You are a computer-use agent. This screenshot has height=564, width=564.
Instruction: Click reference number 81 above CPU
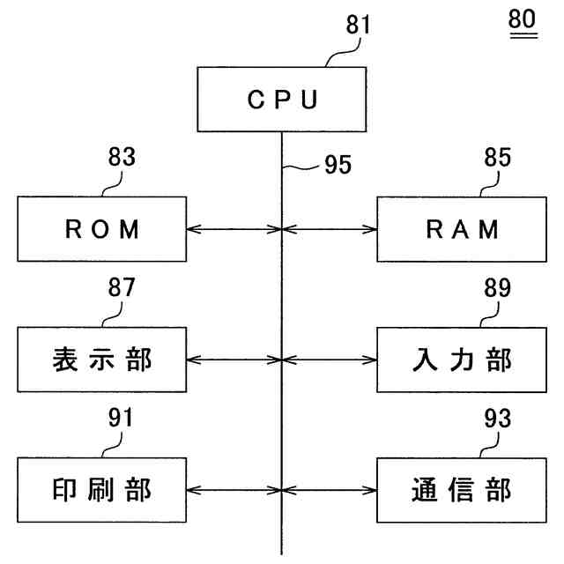click(358, 25)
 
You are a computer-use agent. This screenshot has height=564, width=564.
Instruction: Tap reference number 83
click(122, 157)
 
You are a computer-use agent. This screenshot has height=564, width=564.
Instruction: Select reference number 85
click(497, 157)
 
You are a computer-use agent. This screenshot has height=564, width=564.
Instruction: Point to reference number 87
click(122, 287)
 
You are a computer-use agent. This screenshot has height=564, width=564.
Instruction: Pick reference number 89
click(497, 288)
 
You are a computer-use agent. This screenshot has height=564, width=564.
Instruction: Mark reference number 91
click(121, 418)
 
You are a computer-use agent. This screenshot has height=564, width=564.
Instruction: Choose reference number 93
click(497, 419)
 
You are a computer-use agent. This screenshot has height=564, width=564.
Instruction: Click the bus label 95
click(338, 165)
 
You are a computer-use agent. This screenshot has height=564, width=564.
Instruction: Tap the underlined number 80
click(523, 19)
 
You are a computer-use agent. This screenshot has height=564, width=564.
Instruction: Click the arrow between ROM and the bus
click(234, 229)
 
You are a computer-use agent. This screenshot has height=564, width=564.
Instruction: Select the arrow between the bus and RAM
click(330, 229)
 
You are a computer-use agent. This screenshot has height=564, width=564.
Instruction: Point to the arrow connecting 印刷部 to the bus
click(234, 490)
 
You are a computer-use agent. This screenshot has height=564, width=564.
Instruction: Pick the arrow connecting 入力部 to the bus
click(330, 360)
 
